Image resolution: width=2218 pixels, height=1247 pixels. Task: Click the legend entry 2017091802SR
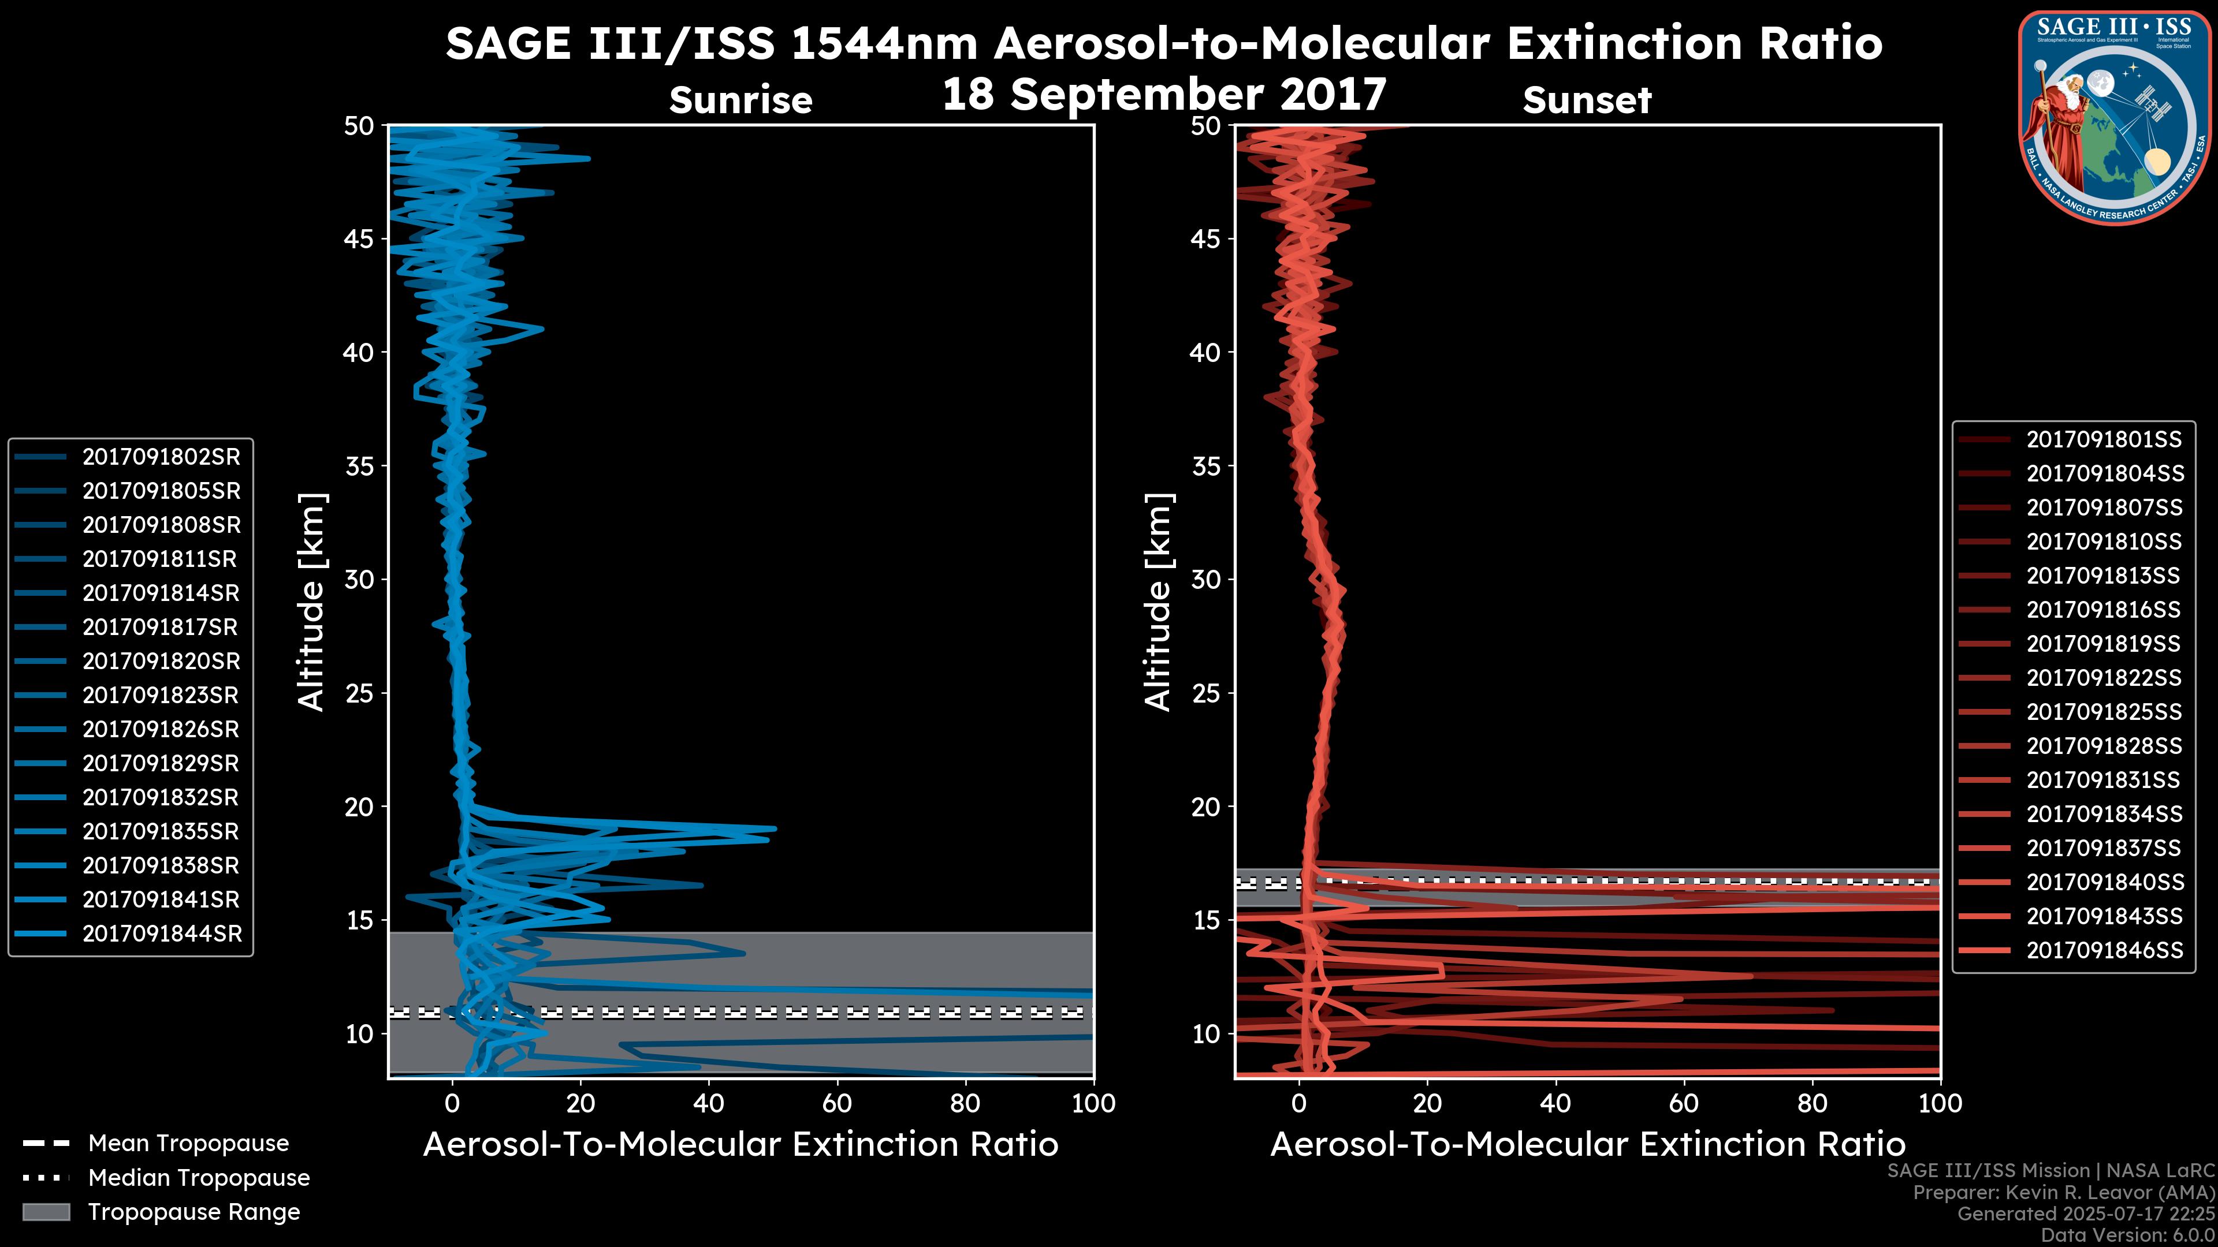(161, 457)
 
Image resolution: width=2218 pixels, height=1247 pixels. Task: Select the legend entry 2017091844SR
(162, 934)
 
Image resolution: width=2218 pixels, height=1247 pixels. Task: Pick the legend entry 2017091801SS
(2104, 440)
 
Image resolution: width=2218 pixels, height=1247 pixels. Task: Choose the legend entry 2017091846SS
(2104, 950)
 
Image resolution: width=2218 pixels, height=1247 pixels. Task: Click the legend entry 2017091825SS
(2104, 712)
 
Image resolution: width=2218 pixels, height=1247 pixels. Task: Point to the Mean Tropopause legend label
(188, 1144)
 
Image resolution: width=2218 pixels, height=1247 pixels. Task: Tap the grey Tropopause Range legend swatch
(46, 1212)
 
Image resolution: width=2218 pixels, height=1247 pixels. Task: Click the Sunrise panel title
(740, 100)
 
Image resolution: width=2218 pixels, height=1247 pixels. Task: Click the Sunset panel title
(1587, 100)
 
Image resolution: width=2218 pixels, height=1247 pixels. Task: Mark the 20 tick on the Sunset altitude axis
(1206, 807)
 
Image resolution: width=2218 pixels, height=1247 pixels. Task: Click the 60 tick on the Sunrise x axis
(837, 1103)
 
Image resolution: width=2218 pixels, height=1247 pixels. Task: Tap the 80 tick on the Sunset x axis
(1813, 1103)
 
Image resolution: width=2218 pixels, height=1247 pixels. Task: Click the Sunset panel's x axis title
(1587, 1145)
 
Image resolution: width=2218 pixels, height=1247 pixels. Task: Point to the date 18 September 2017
(1164, 95)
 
